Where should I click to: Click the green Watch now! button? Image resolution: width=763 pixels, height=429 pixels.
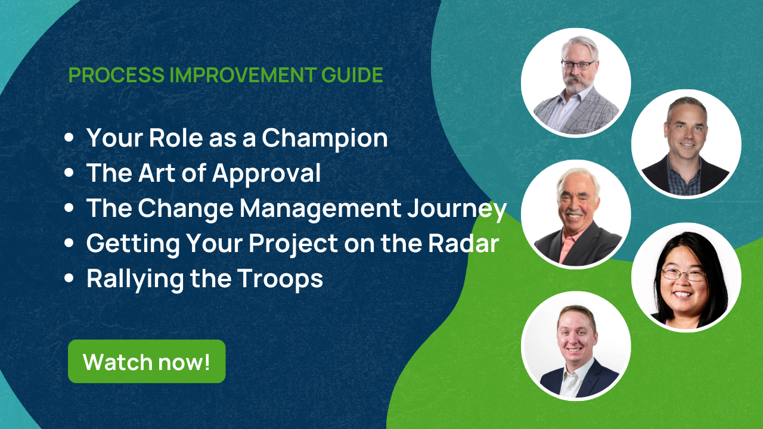point(147,361)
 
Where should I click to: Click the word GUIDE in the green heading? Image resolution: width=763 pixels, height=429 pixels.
point(352,75)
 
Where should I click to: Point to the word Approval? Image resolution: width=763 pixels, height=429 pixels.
point(266,173)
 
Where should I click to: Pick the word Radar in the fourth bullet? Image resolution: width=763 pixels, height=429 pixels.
point(464,243)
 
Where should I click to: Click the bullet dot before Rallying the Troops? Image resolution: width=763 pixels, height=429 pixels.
point(69,278)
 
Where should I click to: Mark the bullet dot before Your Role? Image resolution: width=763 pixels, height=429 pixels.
point(69,138)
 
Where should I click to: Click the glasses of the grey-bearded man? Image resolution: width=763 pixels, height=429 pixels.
point(578,65)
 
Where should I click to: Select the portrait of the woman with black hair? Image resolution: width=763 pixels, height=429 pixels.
point(686,277)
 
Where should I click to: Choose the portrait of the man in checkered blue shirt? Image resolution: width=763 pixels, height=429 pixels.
point(686,144)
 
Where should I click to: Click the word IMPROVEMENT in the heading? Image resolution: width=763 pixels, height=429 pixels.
point(243,75)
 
